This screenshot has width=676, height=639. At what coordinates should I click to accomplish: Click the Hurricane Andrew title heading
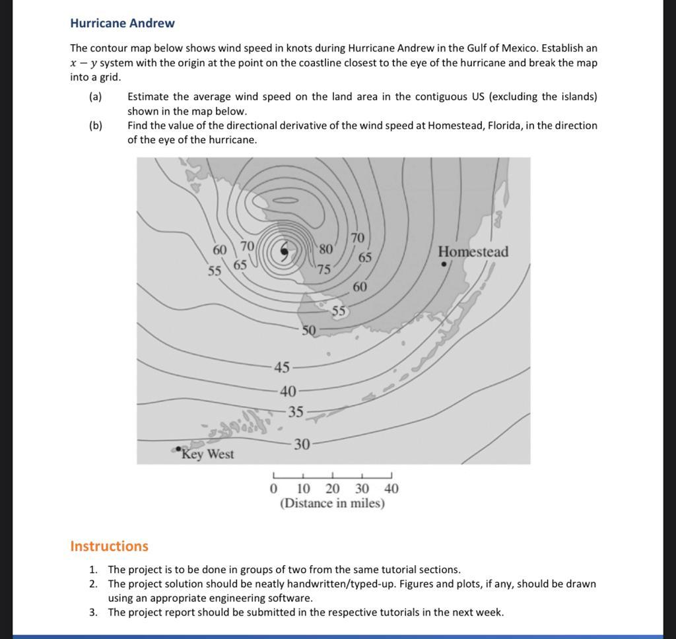[122, 23]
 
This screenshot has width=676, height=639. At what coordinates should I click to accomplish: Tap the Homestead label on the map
[473, 252]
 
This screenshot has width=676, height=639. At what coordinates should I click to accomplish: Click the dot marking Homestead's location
[444, 264]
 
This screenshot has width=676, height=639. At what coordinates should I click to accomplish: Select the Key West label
[207, 454]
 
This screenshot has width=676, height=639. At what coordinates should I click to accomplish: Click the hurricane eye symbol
[284, 251]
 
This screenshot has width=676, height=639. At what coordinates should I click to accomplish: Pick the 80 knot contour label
[326, 250]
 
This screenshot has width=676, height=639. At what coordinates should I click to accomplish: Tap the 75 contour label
[323, 269]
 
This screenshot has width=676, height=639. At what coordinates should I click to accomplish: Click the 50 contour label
[309, 330]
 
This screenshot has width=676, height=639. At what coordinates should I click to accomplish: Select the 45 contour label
[282, 367]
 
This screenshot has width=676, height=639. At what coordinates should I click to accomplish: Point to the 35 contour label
[296, 412]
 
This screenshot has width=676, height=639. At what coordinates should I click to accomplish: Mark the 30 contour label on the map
[302, 444]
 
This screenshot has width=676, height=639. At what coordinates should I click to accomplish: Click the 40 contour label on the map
[288, 391]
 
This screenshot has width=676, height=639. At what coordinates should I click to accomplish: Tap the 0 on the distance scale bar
[273, 489]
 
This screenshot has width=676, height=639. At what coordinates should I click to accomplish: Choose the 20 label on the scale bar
[333, 489]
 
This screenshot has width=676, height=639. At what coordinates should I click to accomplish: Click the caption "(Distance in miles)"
[332, 504]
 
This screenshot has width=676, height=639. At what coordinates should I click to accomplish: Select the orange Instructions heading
[109, 546]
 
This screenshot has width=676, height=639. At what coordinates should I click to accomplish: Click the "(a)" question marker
[96, 97]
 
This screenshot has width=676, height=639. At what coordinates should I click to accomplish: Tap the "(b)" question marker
[96, 125]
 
